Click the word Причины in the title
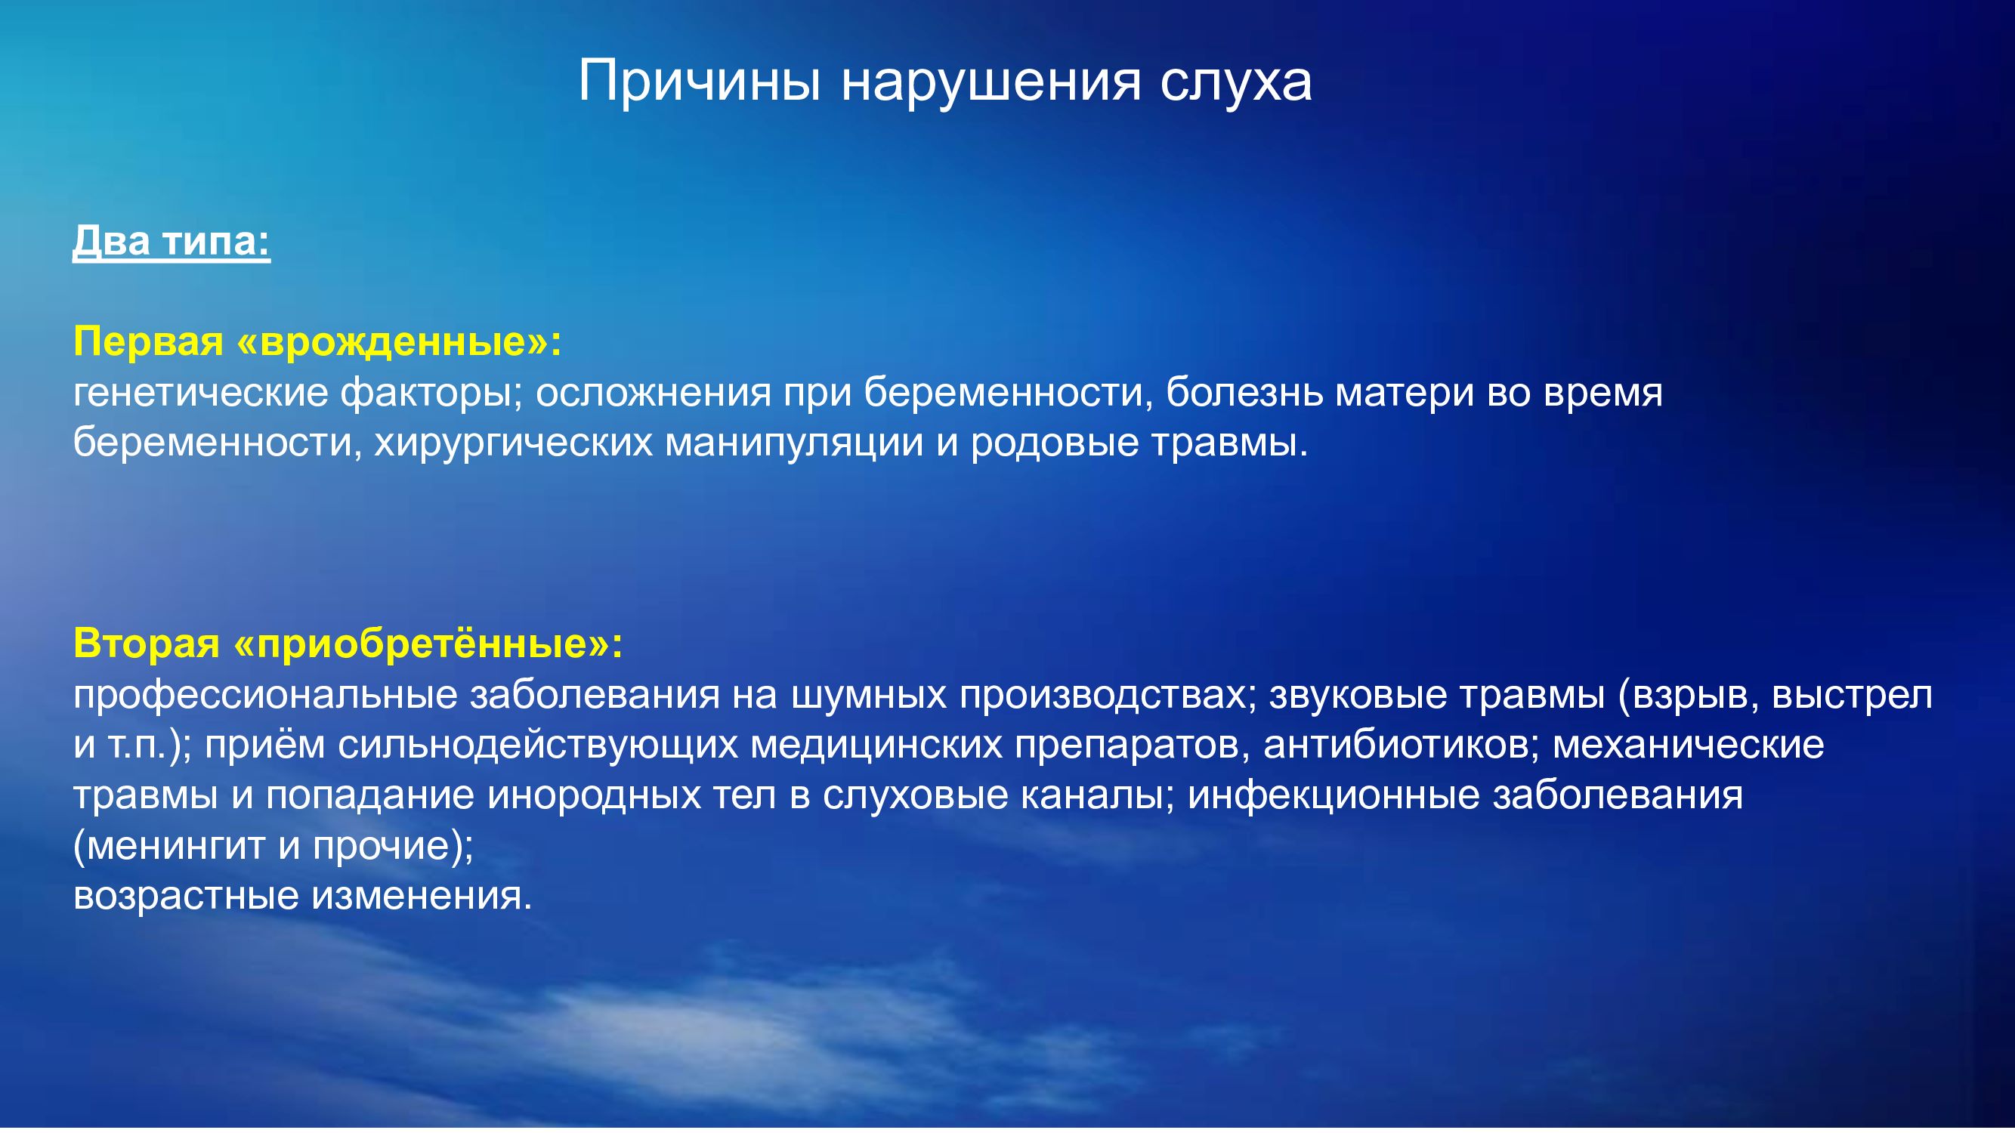click(700, 82)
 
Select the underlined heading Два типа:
click(172, 242)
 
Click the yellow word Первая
click(149, 341)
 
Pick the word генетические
click(200, 394)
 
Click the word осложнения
click(653, 394)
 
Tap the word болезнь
click(1244, 393)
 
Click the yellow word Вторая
click(147, 644)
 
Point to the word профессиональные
click(265, 695)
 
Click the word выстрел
click(1852, 695)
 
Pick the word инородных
click(594, 796)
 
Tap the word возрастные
click(186, 897)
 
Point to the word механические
click(1688, 746)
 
